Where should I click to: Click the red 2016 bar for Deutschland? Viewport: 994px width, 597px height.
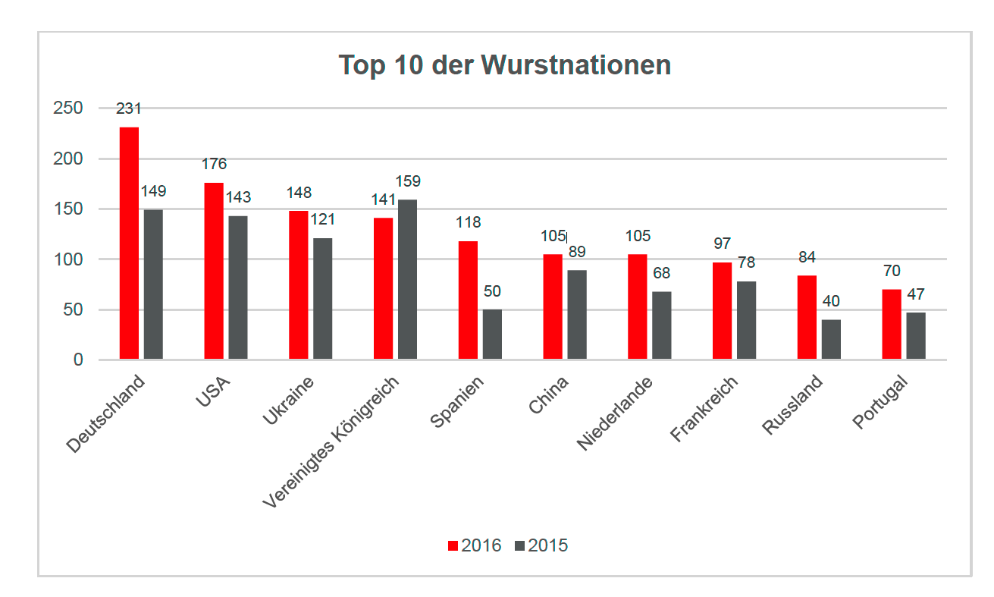pyautogui.click(x=129, y=243)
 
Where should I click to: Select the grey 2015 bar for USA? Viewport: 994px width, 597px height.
pyautogui.click(x=238, y=288)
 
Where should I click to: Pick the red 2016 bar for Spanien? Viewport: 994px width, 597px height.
pyautogui.click(x=468, y=300)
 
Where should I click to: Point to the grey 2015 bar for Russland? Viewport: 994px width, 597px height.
pyautogui.click(x=831, y=339)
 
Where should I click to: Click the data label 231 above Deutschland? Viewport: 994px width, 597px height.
pyautogui.click(x=129, y=108)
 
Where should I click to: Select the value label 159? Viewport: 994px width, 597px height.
pyautogui.click(x=407, y=181)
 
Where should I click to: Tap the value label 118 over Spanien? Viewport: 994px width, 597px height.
pyautogui.click(x=468, y=223)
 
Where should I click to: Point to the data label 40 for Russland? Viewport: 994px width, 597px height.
pyautogui.click(x=831, y=301)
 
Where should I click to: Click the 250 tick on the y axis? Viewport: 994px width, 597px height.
pyautogui.click(x=68, y=108)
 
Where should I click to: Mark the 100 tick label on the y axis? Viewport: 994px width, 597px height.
pyautogui.click(x=68, y=259)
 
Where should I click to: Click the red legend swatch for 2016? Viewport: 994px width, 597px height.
pyautogui.click(x=453, y=545)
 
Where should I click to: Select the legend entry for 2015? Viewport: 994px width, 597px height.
pyautogui.click(x=541, y=545)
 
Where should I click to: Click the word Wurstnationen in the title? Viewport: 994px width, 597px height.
pyautogui.click(x=575, y=65)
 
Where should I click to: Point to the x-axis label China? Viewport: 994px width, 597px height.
pyautogui.click(x=549, y=395)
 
